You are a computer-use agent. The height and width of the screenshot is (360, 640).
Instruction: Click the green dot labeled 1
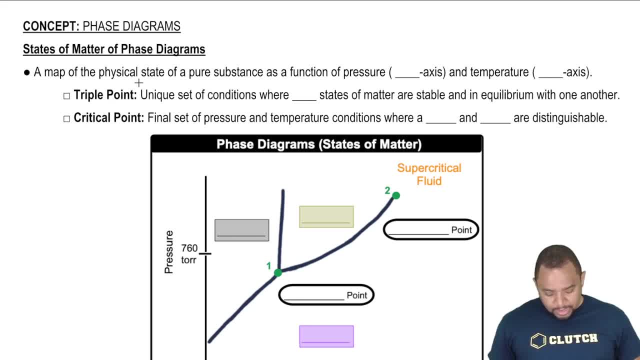(278, 272)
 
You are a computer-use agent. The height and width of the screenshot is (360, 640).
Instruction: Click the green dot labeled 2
(396, 195)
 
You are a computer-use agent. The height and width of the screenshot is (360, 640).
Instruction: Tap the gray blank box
(241, 230)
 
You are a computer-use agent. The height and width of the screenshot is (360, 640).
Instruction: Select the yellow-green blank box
(326, 216)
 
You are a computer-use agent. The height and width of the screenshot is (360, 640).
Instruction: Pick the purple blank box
(326, 336)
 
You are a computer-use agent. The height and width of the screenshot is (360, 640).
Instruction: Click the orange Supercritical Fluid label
(429, 174)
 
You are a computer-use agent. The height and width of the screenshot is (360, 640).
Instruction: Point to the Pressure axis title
(169, 252)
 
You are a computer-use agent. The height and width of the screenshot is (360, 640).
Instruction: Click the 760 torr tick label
(189, 253)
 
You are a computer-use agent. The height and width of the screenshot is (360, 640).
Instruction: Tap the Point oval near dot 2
(430, 230)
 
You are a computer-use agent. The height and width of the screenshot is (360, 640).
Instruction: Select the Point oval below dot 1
(326, 295)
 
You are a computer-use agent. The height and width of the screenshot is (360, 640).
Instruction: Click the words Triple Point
(105, 95)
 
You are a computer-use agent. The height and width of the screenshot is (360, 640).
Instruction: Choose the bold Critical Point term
(108, 118)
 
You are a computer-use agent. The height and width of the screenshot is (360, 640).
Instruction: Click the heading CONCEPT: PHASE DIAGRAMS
(101, 26)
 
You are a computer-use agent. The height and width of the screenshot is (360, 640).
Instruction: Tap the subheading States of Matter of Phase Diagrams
(114, 49)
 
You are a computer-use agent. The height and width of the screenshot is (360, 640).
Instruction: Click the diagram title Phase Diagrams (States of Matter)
(318, 144)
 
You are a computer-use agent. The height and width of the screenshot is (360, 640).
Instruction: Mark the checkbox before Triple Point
(66, 96)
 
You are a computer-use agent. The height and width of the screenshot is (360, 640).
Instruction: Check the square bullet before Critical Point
(66, 119)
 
